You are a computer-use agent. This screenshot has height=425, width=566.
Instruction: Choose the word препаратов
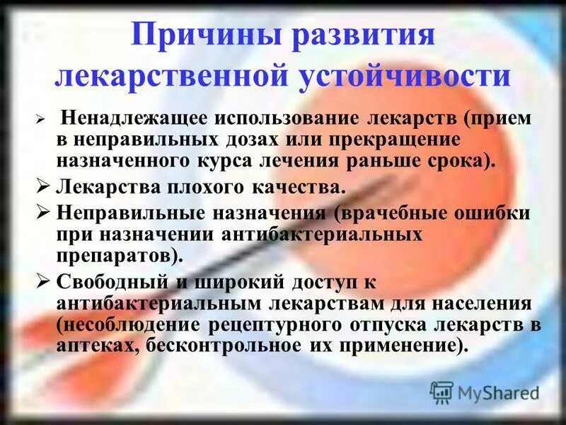[x=120, y=251]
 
